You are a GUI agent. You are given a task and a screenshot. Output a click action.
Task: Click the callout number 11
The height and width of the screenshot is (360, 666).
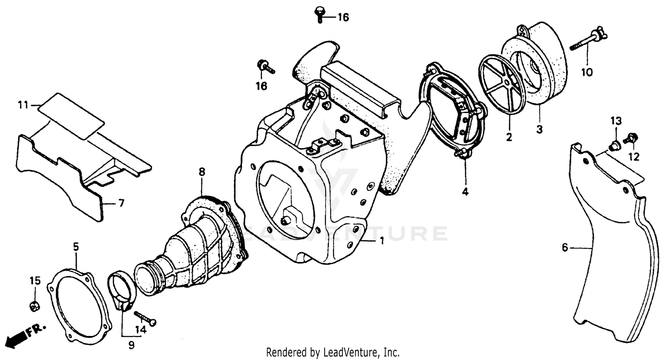[23, 105]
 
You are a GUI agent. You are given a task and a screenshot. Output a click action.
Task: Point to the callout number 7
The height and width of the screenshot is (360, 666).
[121, 203]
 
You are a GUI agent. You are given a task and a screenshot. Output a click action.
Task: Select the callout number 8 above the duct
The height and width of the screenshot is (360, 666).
[202, 172]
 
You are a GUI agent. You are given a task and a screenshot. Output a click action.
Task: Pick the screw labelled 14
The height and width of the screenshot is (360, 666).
[144, 318]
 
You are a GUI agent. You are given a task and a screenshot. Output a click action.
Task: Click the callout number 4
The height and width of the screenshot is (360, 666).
[465, 192]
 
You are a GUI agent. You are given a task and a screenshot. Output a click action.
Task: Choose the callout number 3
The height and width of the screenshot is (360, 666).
[539, 129]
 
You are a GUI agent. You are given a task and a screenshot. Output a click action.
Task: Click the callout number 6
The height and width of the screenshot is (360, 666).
[565, 248]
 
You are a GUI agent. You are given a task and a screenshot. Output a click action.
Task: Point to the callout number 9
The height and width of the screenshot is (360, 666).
[131, 345]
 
